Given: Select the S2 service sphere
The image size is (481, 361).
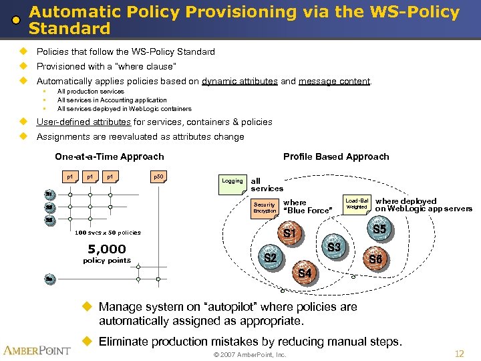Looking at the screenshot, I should pos(270,257).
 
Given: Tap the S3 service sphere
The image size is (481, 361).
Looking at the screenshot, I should pos(334,247).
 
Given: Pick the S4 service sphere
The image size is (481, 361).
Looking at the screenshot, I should pos(304,273).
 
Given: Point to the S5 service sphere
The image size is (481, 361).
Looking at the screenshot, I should pos(379,230).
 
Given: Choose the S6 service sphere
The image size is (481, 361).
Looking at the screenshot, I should pos(375,259).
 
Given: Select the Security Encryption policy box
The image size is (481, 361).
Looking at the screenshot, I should pos(265,208).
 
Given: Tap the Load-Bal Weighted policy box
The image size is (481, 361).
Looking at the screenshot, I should pos(357,204).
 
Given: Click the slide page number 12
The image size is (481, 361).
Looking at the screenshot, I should pos(459,354).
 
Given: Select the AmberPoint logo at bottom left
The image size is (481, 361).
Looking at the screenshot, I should pos(37,350).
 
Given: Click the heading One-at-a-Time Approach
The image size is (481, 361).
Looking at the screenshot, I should pos(109,156).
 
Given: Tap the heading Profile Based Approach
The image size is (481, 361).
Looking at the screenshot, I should pos(336,156).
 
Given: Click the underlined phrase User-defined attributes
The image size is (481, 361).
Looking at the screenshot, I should pos(84,122).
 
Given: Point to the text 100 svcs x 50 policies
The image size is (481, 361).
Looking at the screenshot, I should pos(108,233).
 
